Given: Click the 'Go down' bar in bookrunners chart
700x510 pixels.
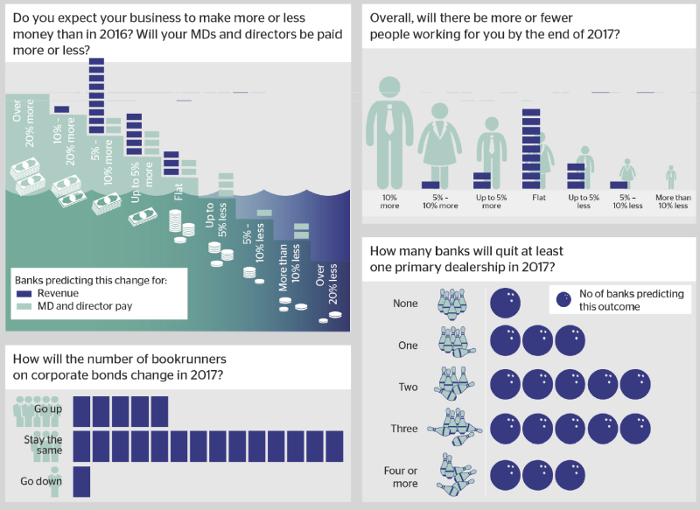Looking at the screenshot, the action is (81, 482).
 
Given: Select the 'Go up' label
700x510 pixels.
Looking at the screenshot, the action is (48, 409).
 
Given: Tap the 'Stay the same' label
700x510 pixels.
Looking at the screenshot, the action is (43, 445).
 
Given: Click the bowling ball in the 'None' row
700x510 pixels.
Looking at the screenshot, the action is (506, 303).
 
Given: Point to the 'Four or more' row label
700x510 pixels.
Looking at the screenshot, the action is (401, 477).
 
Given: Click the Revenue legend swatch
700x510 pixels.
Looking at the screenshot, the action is (24, 294).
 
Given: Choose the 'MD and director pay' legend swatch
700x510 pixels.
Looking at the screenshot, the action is (24, 306).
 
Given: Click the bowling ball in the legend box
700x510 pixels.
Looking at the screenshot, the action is (564, 300).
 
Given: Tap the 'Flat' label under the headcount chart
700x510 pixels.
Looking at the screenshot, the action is (539, 197).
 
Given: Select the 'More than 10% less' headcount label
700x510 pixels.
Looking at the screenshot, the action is (673, 201).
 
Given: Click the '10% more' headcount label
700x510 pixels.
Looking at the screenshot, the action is (389, 201).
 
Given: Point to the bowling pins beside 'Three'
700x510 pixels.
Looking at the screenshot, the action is (455, 428).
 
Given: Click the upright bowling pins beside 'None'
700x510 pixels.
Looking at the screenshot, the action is (452, 304).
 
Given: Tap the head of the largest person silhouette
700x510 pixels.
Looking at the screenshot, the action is (389, 87).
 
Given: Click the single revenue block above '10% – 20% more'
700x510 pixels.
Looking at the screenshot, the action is (61, 109).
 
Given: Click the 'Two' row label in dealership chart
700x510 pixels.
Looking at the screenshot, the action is (408, 387).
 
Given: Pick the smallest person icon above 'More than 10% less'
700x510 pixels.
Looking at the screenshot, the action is (671, 178).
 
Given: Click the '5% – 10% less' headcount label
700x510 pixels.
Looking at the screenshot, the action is (627, 201).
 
